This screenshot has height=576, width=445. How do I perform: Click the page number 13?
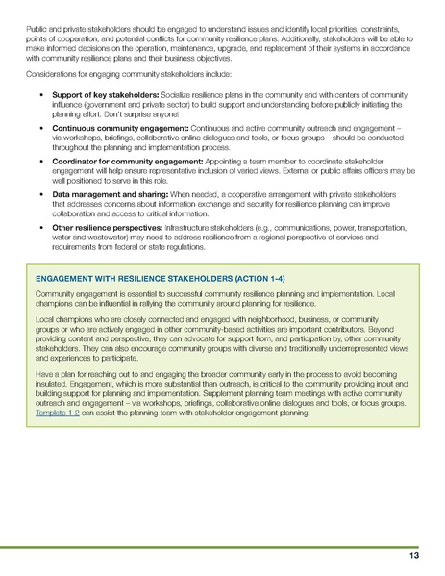(x=414, y=556)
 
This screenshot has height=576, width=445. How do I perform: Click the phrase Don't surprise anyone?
(x=134, y=115)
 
